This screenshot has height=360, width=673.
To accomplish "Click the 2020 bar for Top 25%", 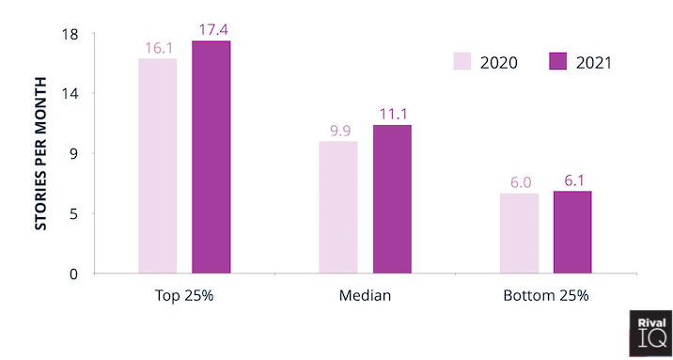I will coord(157,165).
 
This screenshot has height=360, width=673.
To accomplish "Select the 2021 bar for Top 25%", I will coord(211,157).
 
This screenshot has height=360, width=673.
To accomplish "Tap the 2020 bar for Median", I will coord(338,207).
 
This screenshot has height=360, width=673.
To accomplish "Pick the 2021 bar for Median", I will coord(392,198).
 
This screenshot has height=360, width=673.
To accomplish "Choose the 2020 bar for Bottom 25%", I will coord(519,233).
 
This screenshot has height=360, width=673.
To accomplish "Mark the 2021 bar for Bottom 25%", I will coord(572,232).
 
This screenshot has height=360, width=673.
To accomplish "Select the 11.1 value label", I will coord(393,114).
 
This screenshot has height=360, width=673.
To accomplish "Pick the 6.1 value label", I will coord(573,180).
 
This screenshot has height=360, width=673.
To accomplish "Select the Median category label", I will coord(365,296).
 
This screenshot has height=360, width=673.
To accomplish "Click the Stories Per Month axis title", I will coord(41,152).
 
